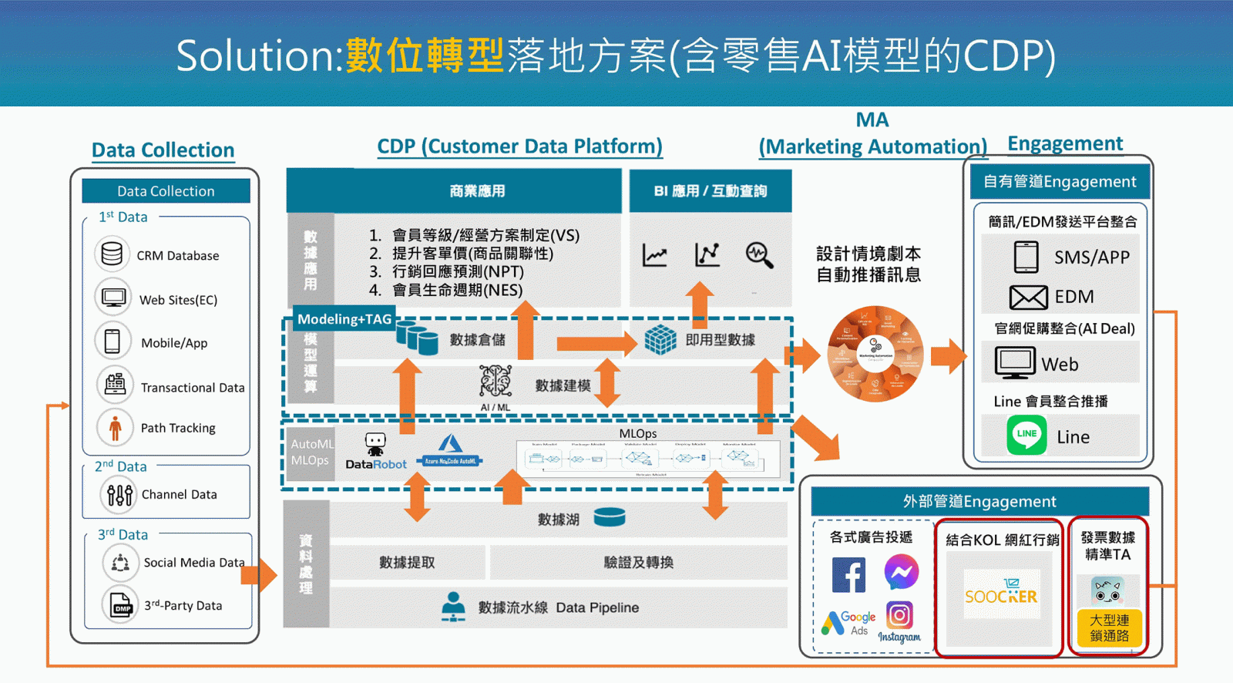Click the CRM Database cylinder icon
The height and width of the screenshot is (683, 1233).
112,254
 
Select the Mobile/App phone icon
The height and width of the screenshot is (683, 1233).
113,341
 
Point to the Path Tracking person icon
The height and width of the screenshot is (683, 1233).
115,427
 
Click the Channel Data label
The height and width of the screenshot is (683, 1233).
179,494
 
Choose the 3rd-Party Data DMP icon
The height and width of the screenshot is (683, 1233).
121,605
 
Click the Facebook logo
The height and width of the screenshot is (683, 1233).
848,575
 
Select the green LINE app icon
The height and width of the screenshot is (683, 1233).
1026,435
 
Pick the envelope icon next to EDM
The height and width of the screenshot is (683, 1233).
1028,297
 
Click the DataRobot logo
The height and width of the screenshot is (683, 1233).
375,453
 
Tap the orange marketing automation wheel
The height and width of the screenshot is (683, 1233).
875,354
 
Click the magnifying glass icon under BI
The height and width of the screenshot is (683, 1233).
758,255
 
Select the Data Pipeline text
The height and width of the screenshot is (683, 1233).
597,607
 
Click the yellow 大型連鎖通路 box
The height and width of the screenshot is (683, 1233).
1109,627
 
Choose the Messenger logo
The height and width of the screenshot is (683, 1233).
901,572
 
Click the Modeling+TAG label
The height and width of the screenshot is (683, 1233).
344,319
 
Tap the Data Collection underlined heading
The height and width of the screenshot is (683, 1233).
163,150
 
